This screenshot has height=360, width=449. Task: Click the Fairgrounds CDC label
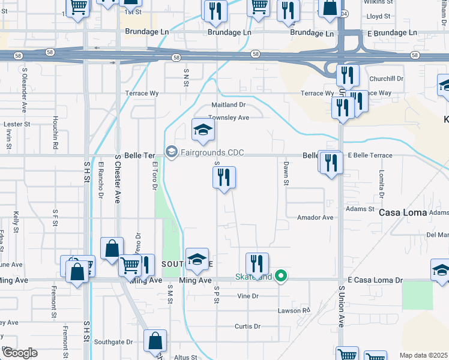pyautogui.click(x=212, y=152)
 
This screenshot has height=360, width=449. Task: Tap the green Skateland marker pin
pyautogui.click(x=280, y=277)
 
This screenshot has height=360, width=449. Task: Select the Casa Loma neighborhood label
pyautogui.click(x=402, y=212)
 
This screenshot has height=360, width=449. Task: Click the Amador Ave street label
pyautogui.click(x=315, y=218)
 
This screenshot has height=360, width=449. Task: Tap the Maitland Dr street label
pyautogui.click(x=229, y=105)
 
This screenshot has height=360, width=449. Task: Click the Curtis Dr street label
pyautogui.click(x=247, y=327)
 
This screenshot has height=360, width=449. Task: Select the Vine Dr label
pyautogui.click(x=247, y=296)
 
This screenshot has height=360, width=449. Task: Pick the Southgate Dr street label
pyautogui.click(x=112, y=342)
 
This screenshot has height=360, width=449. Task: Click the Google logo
pyautogui.click(x=19, y=353)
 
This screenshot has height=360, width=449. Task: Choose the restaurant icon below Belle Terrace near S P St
pyautogui.click(x=224, y=177)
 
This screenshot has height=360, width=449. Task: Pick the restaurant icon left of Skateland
pyautogui.click(x=257, y=263)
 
